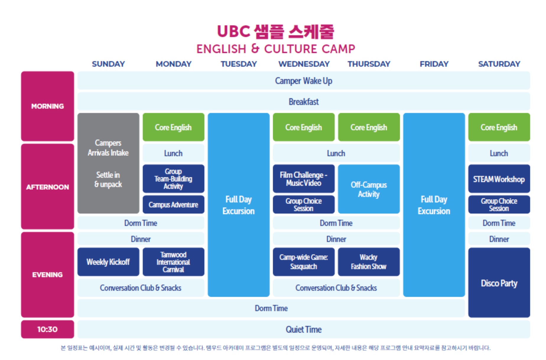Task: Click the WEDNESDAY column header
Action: (304, 64)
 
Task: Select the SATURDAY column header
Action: (499, 64)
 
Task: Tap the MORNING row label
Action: (48, 106)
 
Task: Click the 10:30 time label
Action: (48, 329)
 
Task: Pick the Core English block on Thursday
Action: (369, 127)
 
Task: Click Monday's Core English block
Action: (173, 127)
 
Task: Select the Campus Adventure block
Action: (173, 205)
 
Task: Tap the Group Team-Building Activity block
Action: (173, 179)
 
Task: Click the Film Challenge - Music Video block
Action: (304, 179)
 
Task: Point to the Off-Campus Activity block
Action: (369, 189)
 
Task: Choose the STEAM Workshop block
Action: (499, 179)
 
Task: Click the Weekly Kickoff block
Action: (108, 262)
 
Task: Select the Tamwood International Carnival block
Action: (173, 262)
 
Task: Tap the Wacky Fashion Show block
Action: (369, 262)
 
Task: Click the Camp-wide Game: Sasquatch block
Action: (304, 262)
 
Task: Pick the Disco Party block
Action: (499, 283)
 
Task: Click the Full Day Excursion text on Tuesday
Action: (239, 205)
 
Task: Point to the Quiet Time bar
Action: (304, 329)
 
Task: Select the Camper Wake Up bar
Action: (304, 81)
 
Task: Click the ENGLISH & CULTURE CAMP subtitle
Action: (276, 49)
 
